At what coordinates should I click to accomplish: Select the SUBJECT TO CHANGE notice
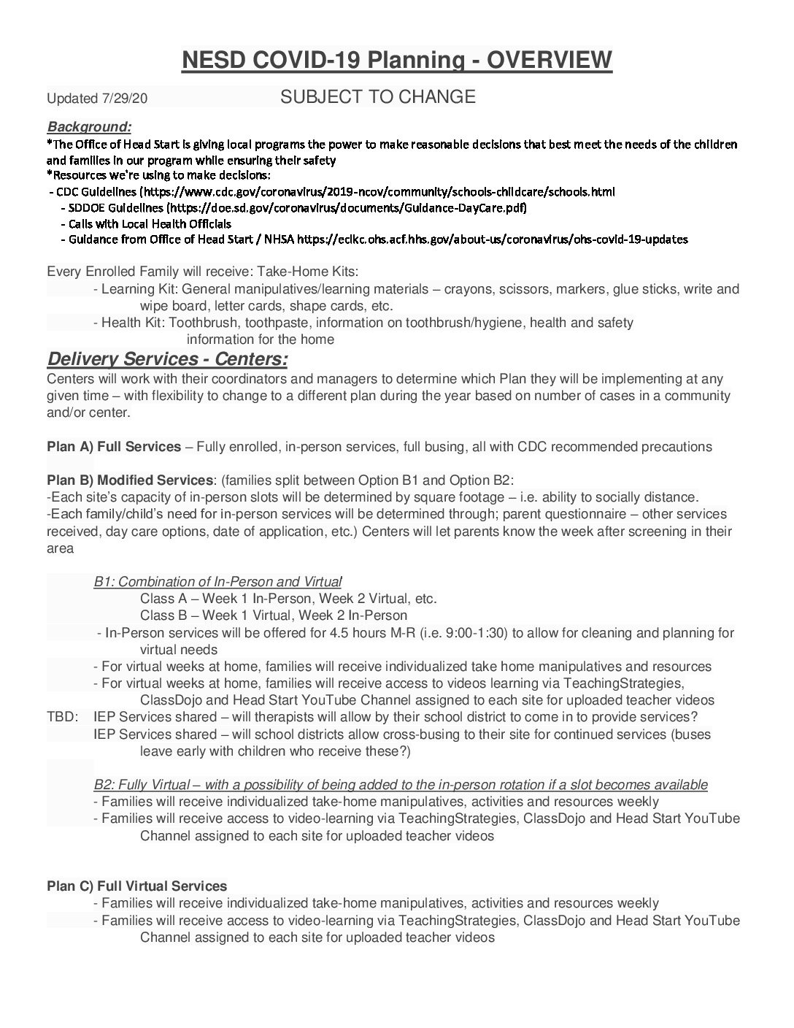[378, 96]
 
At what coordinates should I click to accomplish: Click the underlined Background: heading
[89, 127]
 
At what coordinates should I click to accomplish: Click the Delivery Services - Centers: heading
[167, 358]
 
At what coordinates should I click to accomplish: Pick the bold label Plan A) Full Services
[114, 447]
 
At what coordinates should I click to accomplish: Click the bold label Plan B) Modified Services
[130, 480]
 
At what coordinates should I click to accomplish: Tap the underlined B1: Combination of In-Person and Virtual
[217, 582]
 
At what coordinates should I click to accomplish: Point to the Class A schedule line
[288, 599]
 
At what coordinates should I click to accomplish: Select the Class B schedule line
[274, 615]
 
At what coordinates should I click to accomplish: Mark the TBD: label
[62, 718]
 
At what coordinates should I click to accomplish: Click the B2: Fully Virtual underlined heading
[400, 785]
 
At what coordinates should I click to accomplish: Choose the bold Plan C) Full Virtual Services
[137, 886]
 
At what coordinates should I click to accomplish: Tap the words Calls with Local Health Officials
[146, 223]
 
